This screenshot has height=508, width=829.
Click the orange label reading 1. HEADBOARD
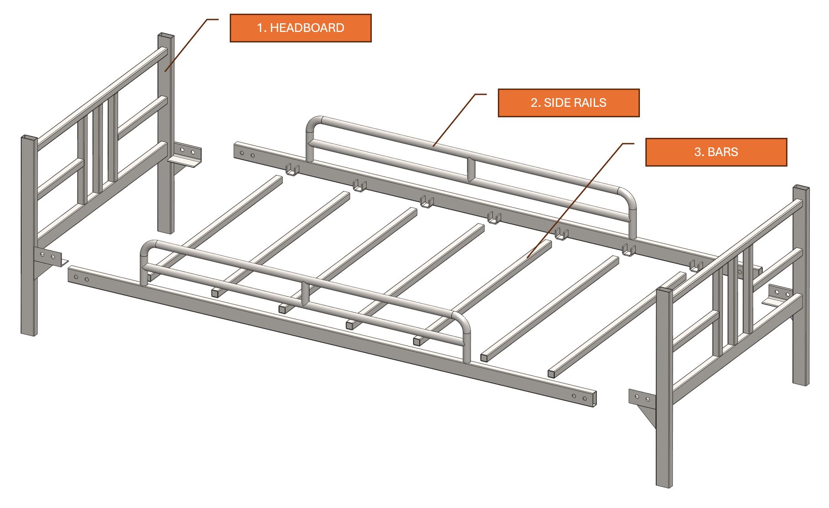pyautogui.click(x=301, y=28)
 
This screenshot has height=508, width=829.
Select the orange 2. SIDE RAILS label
pyautogui.click(x=569, y=103)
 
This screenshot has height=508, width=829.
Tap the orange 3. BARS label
pyautogui.click(x=716, y=152)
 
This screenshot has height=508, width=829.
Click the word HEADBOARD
pyautogui.click(x=307, y=28)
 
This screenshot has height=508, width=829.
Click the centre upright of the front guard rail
pyautogui.click(x=305, y=293)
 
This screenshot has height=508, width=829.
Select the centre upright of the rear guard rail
pyautogui.click(x=471, y=169)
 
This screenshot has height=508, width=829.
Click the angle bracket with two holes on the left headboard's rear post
pyautogui.click(x=185, y=155)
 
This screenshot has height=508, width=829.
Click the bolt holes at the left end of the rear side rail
pyautogui.click(x=247, y=154)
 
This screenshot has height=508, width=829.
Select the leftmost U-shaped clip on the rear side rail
pyautogui.click(x=292, y=169)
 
